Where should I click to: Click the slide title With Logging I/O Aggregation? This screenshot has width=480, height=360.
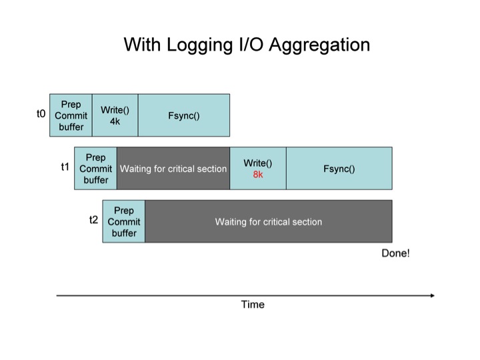coord(247,45)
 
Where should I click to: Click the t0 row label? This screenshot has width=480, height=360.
coord(41,115)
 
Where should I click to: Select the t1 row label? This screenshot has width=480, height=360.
coord(65,167)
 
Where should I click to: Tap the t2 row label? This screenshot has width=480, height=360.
coord(94,219)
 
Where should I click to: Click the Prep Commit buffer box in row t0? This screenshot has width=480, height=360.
coord(71,115)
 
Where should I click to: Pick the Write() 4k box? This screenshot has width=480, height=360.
coord(115,115)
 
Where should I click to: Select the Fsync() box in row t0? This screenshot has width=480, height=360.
coord(184,115)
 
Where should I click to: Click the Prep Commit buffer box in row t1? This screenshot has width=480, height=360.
coord(95,169)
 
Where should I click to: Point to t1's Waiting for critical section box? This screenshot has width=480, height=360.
coord(173,169)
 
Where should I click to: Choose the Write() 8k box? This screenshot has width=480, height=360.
coord(258,169)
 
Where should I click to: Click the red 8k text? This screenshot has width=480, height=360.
coord(258,175)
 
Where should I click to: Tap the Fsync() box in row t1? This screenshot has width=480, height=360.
coord(339,169)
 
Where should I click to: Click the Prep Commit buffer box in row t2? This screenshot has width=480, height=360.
coord(123,221)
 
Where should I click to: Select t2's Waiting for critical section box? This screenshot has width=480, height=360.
coord(268,221)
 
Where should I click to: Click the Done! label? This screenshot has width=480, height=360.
coord(395,253)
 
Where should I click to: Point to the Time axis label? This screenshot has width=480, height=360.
coord(253,305)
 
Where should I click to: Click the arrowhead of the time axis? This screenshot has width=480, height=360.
coord(432,295)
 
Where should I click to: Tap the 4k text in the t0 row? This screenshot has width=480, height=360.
coord(115,121)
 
